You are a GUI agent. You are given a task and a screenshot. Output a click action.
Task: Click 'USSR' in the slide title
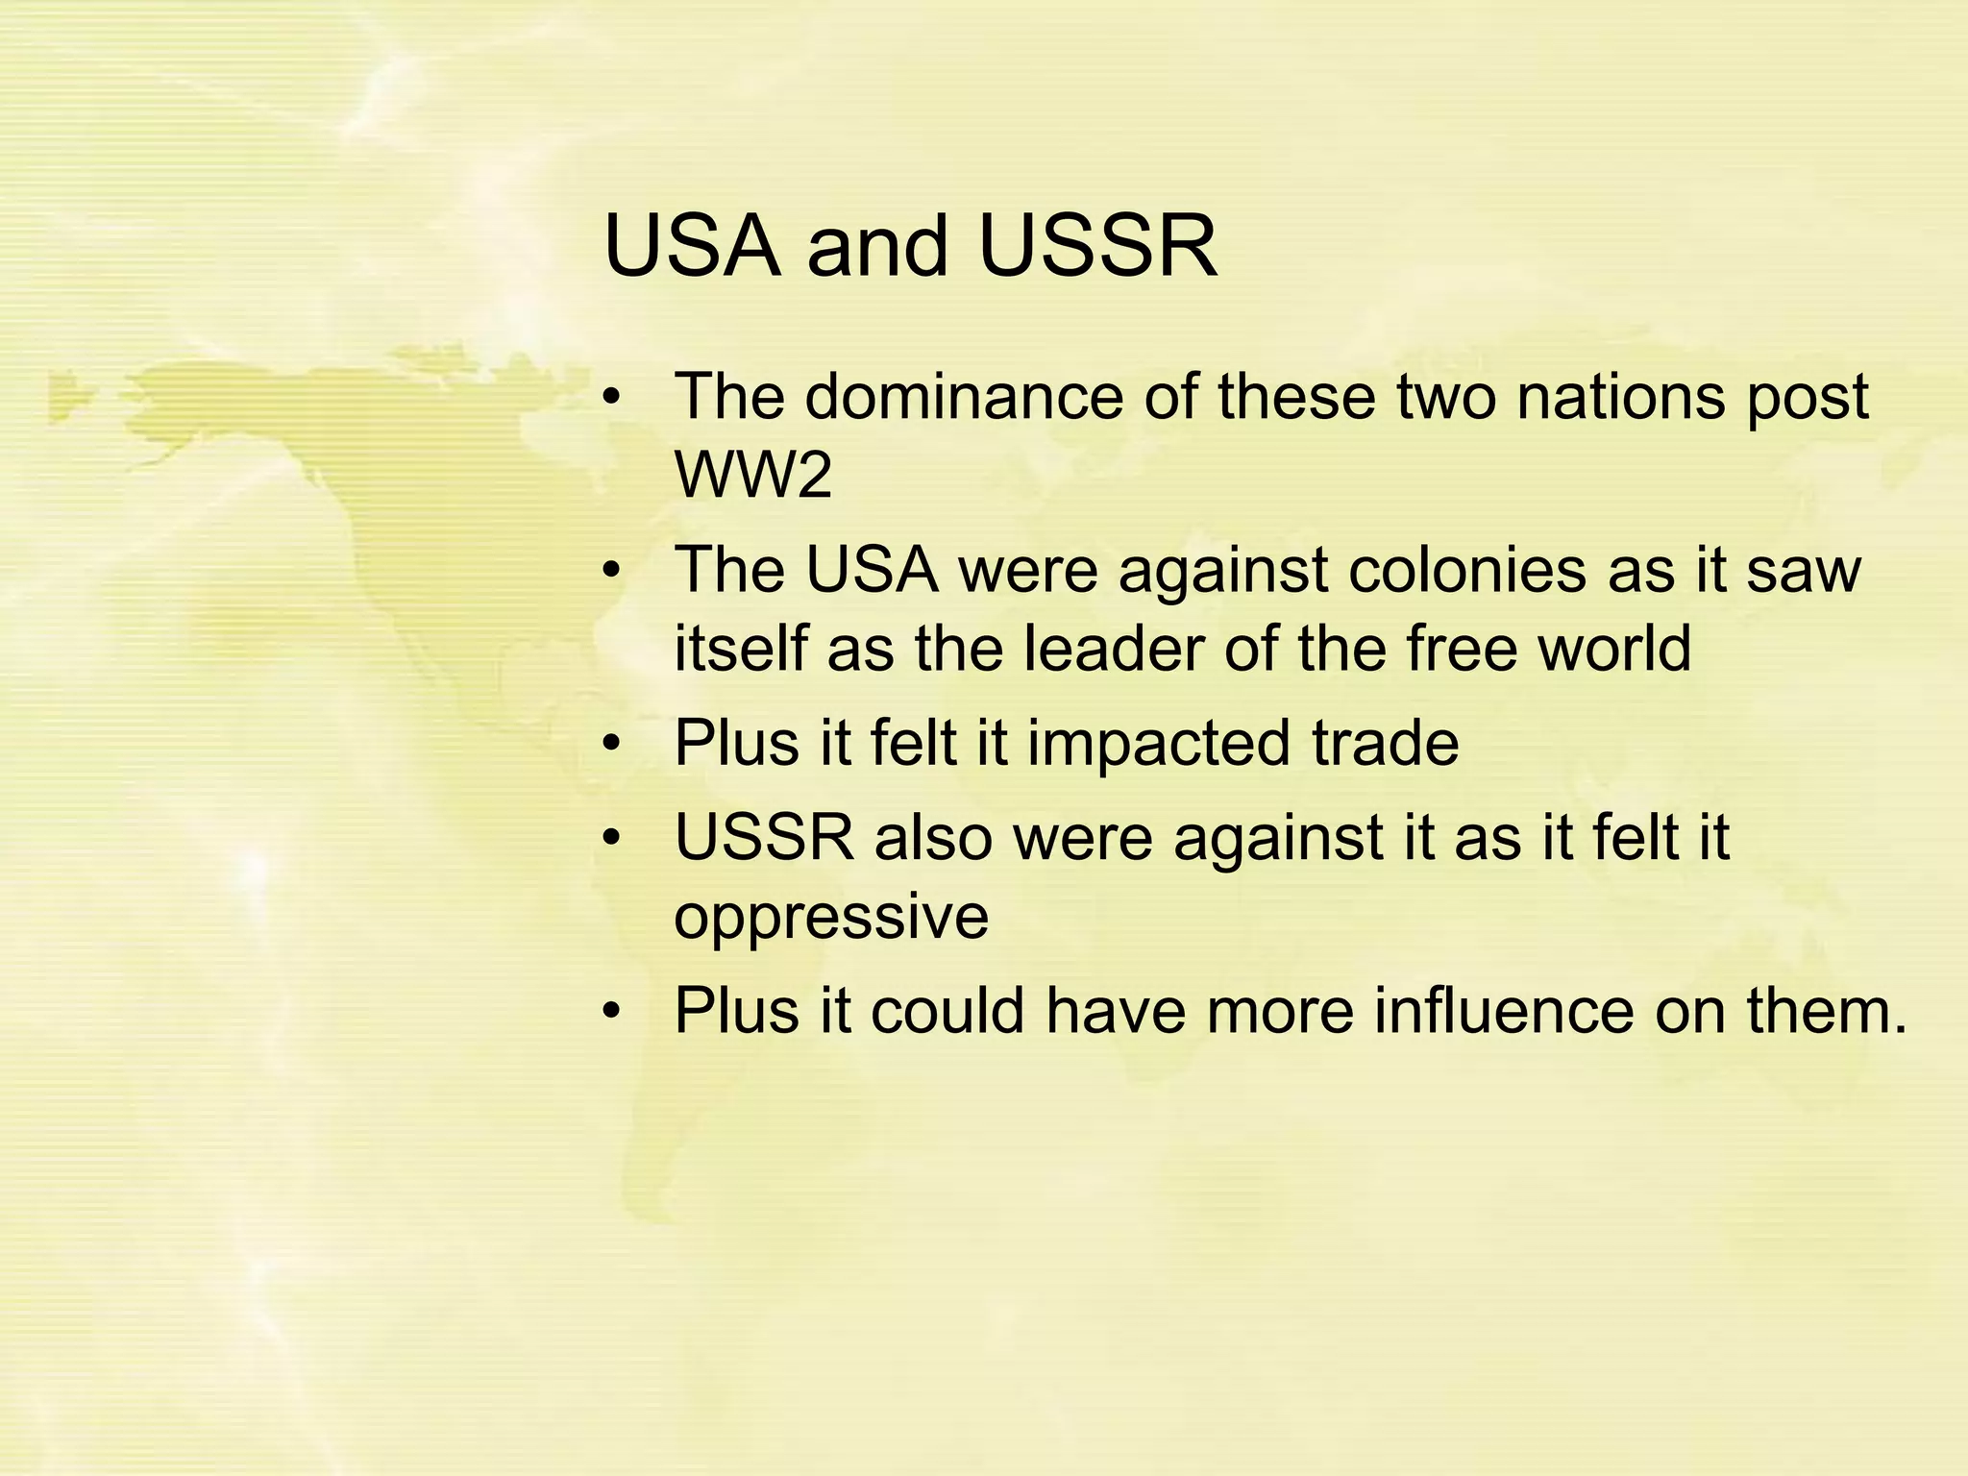click(1097, 246)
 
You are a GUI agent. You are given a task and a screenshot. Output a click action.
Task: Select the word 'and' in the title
click(878, 246)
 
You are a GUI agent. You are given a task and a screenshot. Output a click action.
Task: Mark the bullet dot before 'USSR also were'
click(613, 839)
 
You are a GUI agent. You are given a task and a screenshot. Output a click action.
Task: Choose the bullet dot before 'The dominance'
click(613, 398)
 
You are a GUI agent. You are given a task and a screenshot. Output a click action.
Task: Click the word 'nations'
click(1620, 396)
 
